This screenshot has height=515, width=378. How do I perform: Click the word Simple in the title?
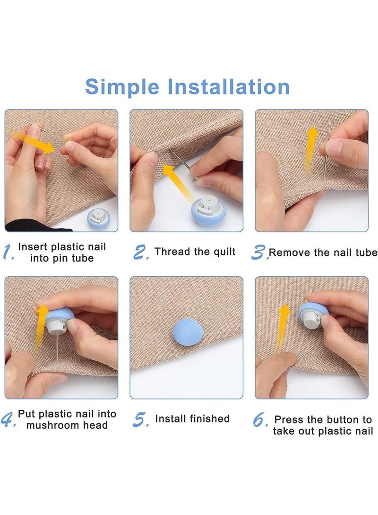[122, 87]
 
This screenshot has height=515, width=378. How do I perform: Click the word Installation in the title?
[228, 87]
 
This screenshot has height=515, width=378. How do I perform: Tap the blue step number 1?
[8, 252]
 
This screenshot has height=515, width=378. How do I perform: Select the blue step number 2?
[141, 252]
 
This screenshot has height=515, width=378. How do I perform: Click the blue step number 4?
[8, 419]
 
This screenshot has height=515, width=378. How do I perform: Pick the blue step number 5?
[141, 420]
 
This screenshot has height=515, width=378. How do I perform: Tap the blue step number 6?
[260, 420]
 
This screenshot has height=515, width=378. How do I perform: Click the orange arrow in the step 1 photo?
[33, 141]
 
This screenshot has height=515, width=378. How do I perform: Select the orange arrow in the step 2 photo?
[178, 182]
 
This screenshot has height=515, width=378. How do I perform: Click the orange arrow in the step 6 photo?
[283, 329]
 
